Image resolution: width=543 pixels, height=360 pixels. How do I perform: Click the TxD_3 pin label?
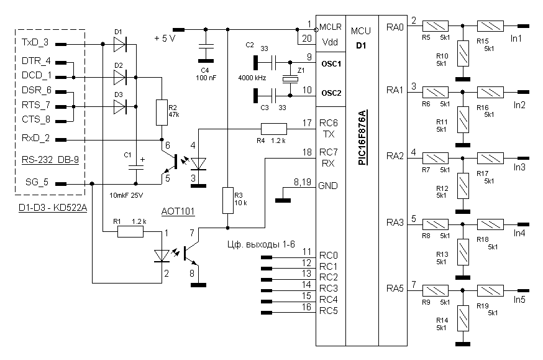(x=35, y=44)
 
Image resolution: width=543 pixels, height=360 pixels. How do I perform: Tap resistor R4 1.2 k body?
(x=273, y=129)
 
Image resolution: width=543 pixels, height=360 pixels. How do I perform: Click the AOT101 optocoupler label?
(x=178, y=211)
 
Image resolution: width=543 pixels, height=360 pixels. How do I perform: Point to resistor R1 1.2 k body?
(x=130, y=232)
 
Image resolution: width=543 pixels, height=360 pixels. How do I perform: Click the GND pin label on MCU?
(x=328, y=185)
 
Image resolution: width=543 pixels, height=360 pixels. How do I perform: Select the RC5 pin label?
(x=328, y=310)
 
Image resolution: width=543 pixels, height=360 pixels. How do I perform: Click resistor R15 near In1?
(x=490, y=27)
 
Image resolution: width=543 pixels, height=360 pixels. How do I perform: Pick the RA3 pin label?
(x=395, y=222)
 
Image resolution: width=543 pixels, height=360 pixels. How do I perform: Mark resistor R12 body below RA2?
(x=462, y=183)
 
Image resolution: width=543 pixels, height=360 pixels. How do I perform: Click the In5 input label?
(x=519, y=300)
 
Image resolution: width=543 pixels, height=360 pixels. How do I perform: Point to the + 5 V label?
(x=165, y=39)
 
